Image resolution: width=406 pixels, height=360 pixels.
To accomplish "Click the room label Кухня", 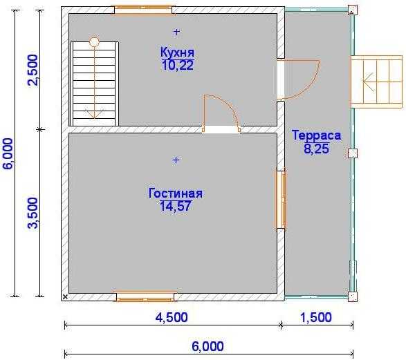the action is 177,53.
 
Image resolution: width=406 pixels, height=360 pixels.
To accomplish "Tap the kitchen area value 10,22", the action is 177,65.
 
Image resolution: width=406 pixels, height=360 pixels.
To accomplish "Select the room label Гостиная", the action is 176,193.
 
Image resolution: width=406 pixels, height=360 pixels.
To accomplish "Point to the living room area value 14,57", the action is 176,206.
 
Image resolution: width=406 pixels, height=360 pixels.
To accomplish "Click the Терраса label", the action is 316,135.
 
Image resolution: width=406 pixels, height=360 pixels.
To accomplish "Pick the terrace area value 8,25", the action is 316,149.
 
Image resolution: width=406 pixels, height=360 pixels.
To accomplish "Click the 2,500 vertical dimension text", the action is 33,70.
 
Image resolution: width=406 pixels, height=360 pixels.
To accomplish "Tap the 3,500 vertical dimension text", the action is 33,213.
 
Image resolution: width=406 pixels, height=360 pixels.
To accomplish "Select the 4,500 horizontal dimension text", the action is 172,317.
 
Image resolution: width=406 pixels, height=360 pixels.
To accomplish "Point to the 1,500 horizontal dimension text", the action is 315,317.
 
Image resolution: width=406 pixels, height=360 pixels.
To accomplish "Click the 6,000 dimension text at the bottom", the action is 207,346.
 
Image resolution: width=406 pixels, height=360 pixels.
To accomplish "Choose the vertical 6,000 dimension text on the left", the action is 8,153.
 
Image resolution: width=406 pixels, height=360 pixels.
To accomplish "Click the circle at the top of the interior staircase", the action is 94,41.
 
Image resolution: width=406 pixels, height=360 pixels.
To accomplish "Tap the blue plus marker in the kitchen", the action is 176,32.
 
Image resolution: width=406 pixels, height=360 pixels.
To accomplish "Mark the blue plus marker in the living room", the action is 176,160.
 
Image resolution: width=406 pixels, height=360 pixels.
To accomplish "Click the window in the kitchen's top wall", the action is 143,10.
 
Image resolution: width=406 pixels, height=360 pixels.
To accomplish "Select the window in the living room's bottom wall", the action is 145,296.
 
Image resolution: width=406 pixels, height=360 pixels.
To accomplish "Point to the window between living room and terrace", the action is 281,200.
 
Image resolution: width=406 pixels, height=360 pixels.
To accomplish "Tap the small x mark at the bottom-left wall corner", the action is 65,297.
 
